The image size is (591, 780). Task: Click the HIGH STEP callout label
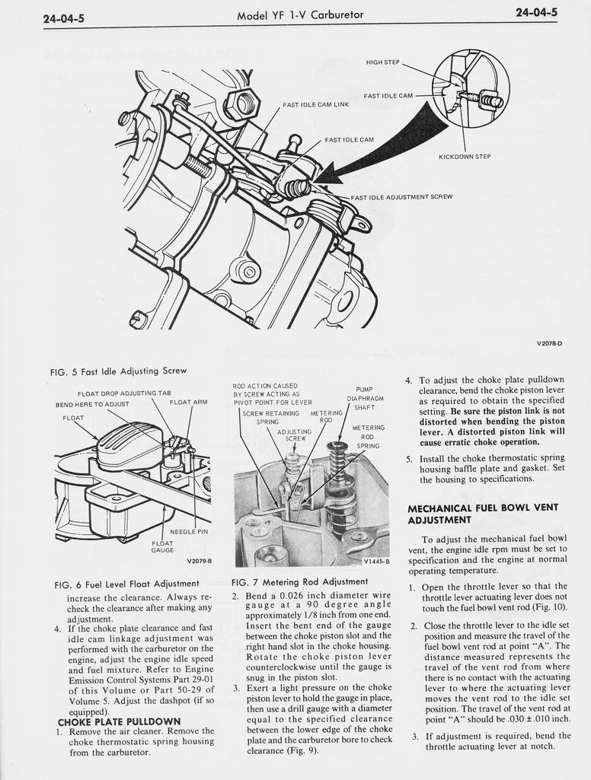[382, 62]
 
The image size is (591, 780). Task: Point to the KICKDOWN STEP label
[465, 157]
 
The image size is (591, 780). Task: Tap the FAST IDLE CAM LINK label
[316, 104]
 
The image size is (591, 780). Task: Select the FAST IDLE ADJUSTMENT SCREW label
[401, 196]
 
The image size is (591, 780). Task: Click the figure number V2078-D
[549, 343]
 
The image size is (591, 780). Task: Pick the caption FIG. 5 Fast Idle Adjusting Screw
[118, 371]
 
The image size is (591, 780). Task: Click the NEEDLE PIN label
[188, 531]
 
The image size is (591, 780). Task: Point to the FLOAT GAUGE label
[163, 546]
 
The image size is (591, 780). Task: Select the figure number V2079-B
[199, 562]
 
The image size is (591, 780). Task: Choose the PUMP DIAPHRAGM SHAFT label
[365, 397]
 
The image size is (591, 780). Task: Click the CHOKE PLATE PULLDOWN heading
[119, 721]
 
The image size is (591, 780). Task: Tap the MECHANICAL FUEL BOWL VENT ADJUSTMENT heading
[483, 514]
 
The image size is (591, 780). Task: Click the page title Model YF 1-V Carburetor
[300, 14]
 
